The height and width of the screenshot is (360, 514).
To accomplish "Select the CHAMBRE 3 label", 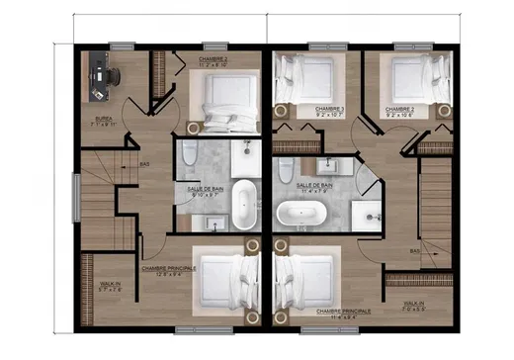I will pos(329,109).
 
